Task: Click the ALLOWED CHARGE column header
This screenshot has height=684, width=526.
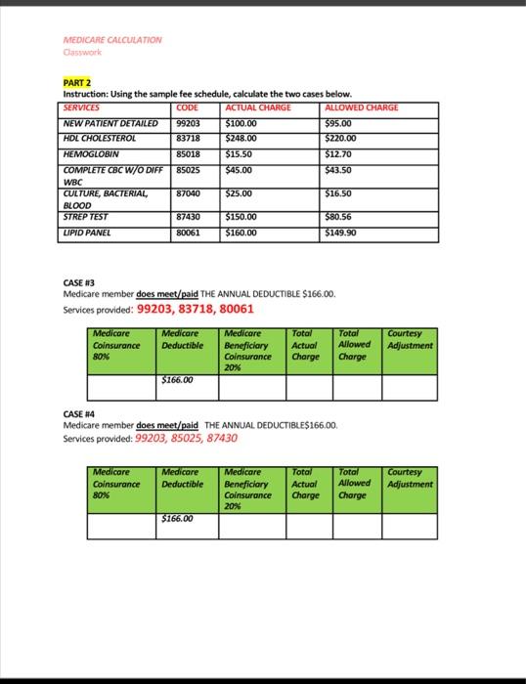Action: (x=361, y=107)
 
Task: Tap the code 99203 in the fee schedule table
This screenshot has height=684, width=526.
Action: (x=188, y=123)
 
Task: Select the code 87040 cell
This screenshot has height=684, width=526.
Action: (x=188, y=194)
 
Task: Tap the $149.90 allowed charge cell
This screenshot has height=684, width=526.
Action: (x=341, y=234)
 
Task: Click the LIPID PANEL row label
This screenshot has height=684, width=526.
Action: (x=87, y=234)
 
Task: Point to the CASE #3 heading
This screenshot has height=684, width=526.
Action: (x=79, y=282)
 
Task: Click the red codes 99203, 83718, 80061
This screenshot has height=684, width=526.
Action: (x=196, y=309)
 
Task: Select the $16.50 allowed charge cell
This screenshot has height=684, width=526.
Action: (x=339, y=194)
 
